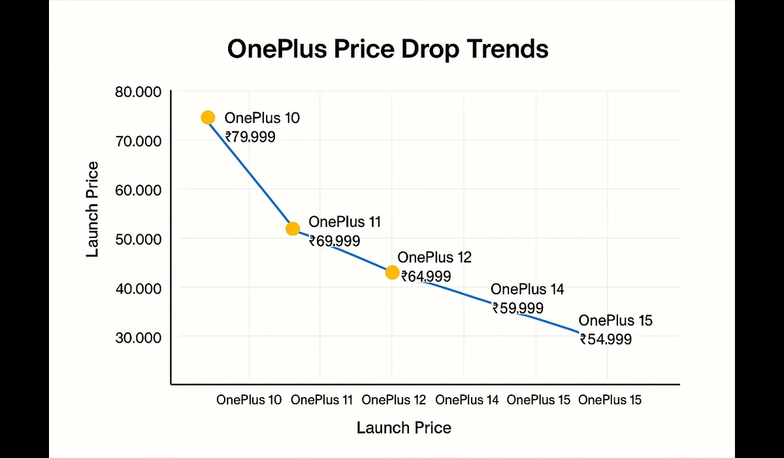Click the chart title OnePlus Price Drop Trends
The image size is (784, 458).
387,49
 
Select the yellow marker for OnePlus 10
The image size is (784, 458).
208,117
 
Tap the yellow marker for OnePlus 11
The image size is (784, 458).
293,228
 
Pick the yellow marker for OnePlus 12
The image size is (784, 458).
392,272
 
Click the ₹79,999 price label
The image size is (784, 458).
250,137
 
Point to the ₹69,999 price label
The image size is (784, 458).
335,241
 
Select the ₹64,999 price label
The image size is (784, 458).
425,276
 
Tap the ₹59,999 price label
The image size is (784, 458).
517,308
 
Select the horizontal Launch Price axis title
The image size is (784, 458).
404,428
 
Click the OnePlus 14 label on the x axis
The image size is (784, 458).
466,400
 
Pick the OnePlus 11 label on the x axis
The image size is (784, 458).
321,400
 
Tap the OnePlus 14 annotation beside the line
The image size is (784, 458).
527,289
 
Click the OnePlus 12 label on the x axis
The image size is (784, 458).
393,400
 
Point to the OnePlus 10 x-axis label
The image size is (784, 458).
249,400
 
